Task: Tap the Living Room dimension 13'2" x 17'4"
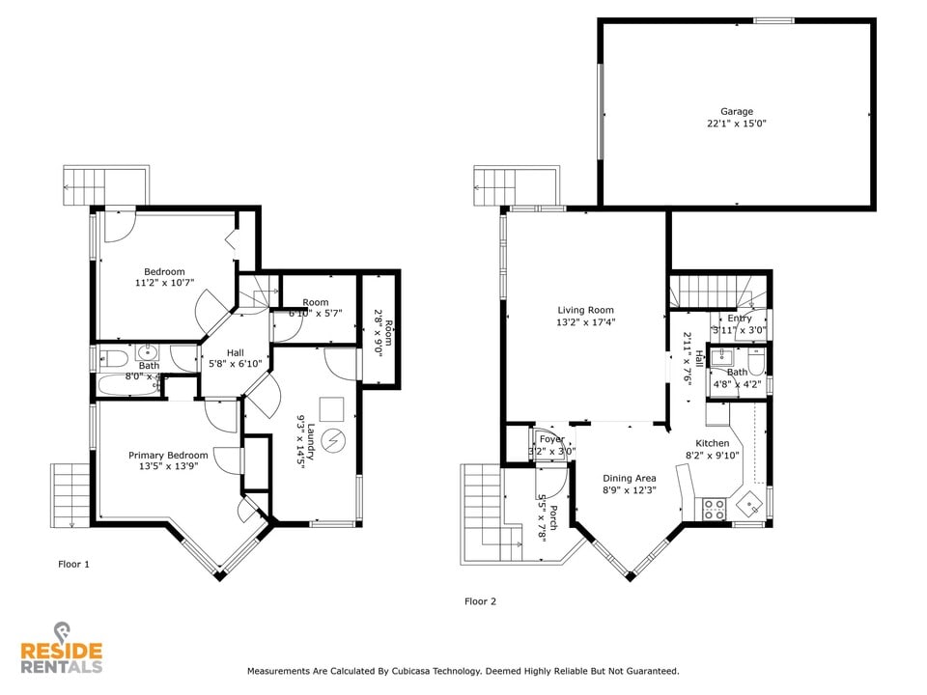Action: (585, 322)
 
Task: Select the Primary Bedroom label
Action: (168, 455)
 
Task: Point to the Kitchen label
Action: (707, 443)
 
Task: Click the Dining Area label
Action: (630, 478)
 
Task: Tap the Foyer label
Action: (551, 439)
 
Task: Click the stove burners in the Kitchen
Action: (715, 509)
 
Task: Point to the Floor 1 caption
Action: (73, 564)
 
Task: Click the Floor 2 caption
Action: (480, 601)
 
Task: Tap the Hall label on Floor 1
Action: (236, 352)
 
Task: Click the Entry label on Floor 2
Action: (740, 319)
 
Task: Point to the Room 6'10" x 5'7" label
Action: (315, 302)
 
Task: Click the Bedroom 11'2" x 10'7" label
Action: (164, 271)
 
